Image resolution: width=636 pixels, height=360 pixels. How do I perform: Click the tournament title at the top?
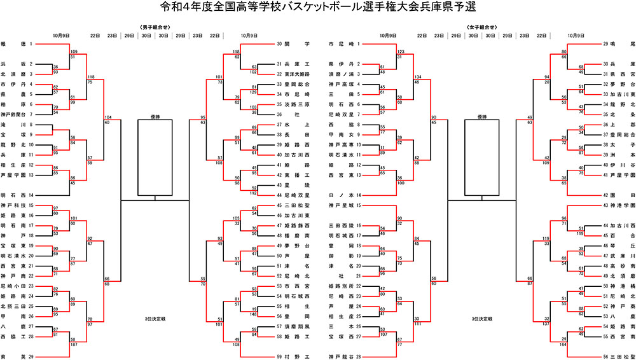point(318,7)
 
